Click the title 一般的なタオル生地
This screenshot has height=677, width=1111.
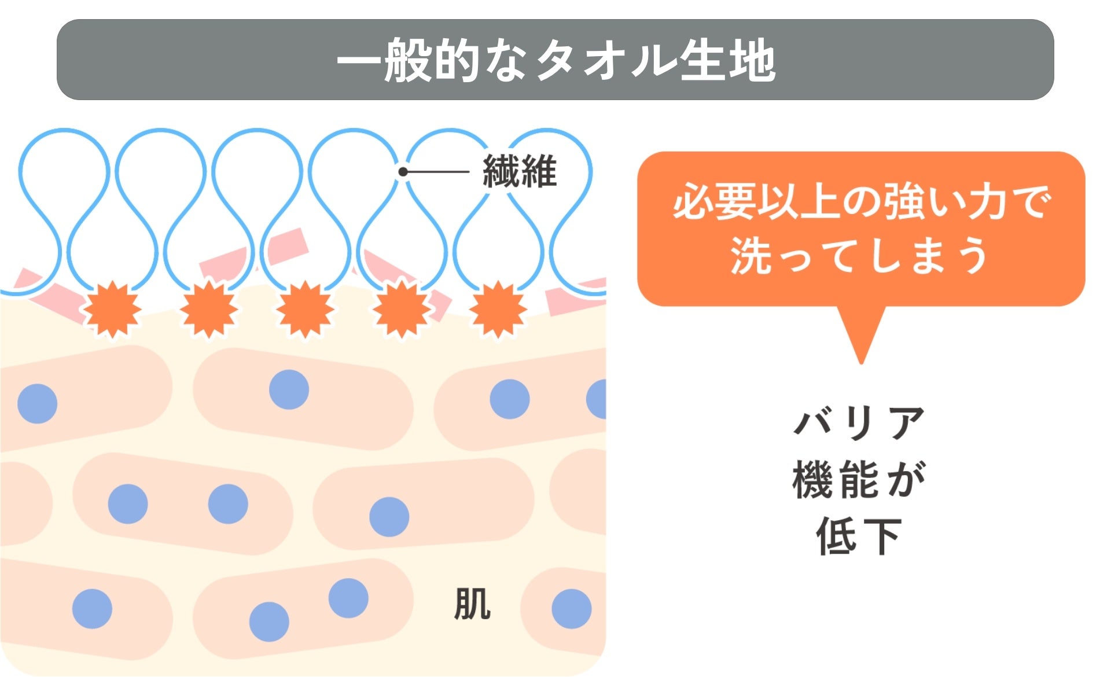[555, 60]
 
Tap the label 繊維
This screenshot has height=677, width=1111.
[520, 172]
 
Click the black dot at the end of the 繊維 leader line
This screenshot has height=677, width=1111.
[403, 172]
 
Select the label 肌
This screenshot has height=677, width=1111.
[472, 604]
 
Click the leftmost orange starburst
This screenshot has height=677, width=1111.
[111, 310]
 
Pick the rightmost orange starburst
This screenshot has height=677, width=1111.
[498, 310]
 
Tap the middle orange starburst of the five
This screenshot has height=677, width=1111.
[304, 310]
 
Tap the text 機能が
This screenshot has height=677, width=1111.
[860, 480]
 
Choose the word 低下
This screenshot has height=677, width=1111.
[860, 536]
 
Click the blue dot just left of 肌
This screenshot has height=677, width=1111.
[348, 598]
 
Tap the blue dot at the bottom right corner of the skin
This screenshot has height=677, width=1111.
[571, 609]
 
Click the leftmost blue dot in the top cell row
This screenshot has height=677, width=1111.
[38, 403]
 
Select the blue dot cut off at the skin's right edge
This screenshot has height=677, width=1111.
[597, 399]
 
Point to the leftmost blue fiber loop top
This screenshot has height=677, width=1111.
[64, 132]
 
